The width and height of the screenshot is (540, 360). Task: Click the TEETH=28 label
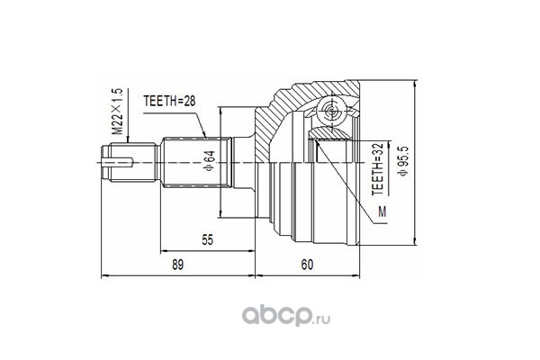click(x=169, y=101)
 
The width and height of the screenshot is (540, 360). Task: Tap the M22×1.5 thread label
click(x=117, y=112)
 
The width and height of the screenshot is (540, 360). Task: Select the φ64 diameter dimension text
click(x=210, y=161)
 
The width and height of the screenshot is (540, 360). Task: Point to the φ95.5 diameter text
click(x=403, y=161)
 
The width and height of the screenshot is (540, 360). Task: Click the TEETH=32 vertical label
click(x=377, y=169)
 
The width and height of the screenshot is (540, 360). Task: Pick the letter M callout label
click(x=382, y=211)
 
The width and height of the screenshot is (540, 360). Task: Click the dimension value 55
click(x=207, y=239)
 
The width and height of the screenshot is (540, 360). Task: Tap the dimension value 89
click(x=177, y=265)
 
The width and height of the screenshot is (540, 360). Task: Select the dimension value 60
click(x=307, y=265)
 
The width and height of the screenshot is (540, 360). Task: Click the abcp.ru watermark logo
click(x=286, y=315)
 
